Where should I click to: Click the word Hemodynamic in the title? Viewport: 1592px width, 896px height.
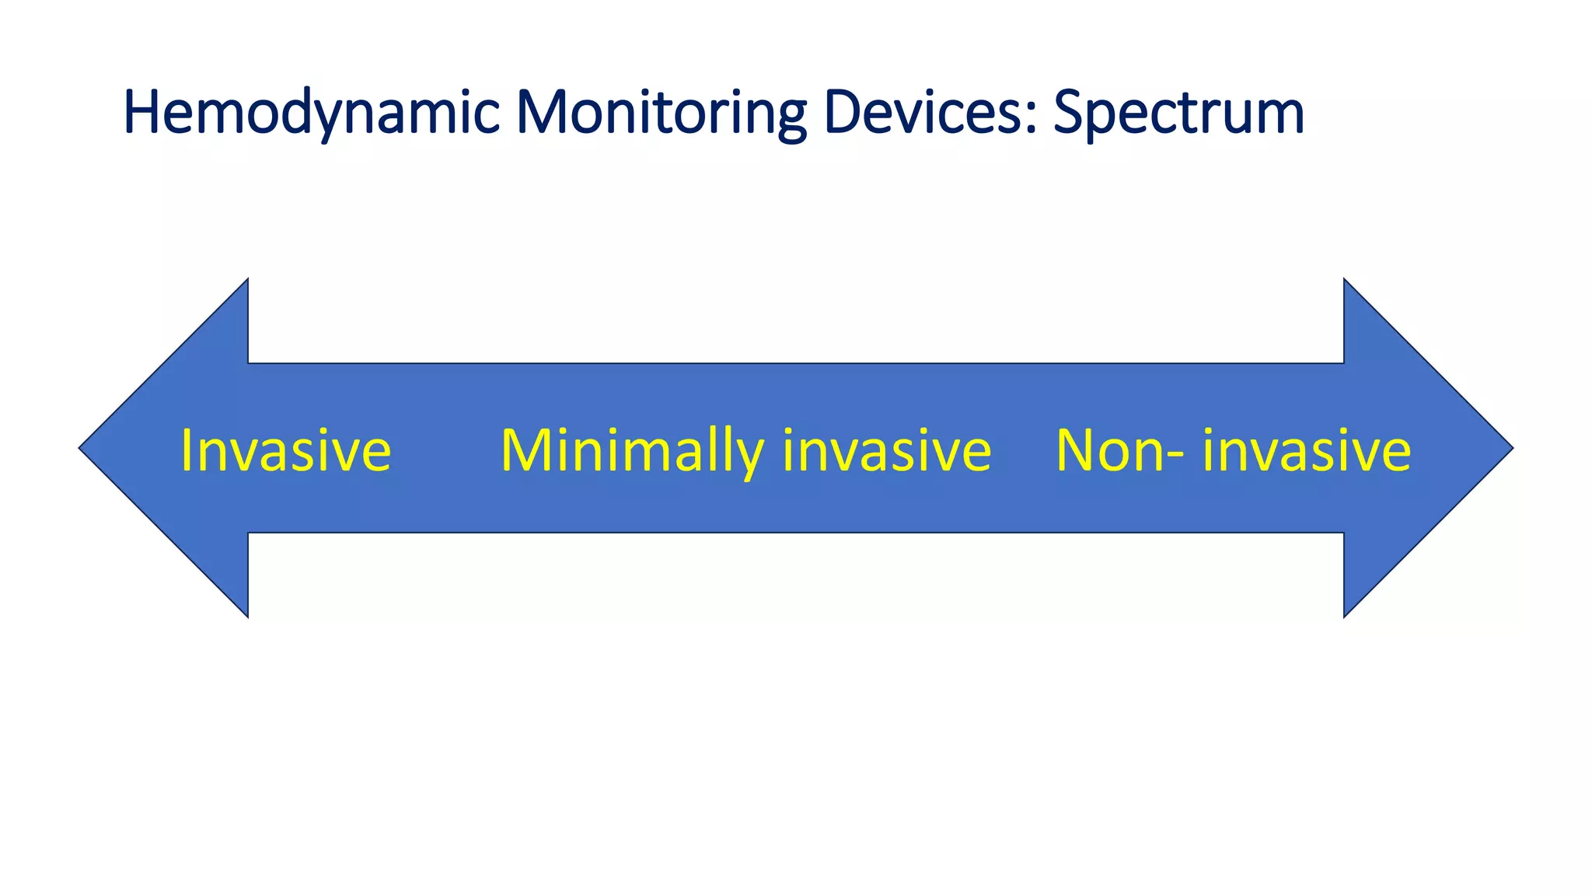pyautogui.click(x=311, y=113)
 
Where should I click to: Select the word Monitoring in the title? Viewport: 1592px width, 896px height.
pyautogui.click(x=661, y=113)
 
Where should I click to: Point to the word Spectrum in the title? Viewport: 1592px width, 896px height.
pyautogui.click(x=1178, y=113)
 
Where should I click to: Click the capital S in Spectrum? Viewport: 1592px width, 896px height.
pyautogui.click(x=1070, y=113)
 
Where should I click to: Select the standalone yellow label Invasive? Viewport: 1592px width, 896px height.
pyautogui.click(x=285, y=450)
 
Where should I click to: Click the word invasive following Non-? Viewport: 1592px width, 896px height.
pyautogui.click(x=1306, y=450)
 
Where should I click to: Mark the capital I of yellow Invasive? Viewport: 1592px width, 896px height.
pyautogui.click(x=186, y=450)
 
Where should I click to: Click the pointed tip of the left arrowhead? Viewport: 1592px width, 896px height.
pyautogui.click(x=80, y=448)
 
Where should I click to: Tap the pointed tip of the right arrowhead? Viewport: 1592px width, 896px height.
pyautogui.click(x=1512, y=448)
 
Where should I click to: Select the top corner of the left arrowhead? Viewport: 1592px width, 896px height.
pyautogui.click(x=247, y=280)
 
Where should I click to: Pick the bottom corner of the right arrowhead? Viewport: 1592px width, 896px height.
pyautogui.click(x=1345, y=616)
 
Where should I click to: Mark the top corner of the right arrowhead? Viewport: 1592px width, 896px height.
pyautogui.click(x=1345, y=280)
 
